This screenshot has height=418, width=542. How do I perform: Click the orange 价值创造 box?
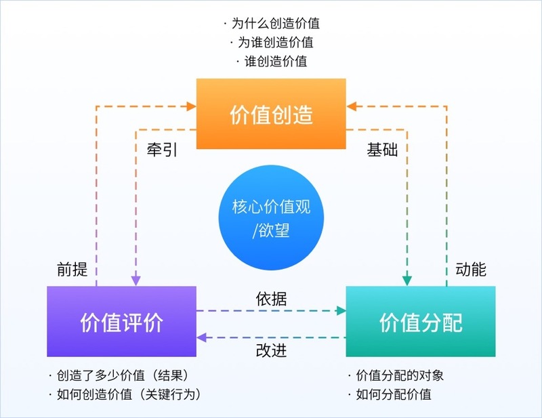(271, 114)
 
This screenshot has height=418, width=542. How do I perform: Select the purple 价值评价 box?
(121, 322)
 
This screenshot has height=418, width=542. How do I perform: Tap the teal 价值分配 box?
(421, 322)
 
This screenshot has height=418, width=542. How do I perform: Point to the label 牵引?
(162, 150)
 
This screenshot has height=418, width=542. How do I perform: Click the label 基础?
(382, 150)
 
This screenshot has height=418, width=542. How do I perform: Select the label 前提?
(72, 270)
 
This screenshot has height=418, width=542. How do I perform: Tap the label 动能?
(471, 270)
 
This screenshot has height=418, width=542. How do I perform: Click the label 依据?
(272, 298)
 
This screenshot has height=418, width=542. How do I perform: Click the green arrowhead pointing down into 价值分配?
(406, 279)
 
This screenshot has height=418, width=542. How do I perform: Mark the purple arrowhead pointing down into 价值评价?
(135, 279)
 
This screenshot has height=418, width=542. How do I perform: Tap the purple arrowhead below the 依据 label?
(202, 337)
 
